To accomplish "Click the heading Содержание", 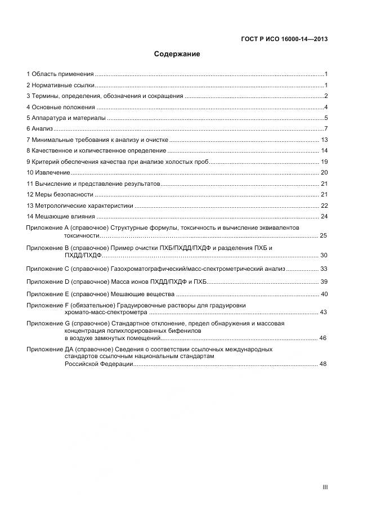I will (177, 55).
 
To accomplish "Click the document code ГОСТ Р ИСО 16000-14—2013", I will (284, 39).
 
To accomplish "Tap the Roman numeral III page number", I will (325, 487).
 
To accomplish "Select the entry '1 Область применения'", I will (60, 74).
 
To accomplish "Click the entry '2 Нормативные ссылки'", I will (60, 85).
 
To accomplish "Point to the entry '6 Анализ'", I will (39, 129).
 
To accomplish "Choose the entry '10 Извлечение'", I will (48, 172).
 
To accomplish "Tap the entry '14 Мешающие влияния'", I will (61, 216).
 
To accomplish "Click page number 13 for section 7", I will (324, 140).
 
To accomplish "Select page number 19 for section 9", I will (324, 162).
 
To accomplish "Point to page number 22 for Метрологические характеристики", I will (324, 206).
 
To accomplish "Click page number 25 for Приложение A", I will (324, 235).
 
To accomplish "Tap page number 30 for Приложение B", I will (324, 255).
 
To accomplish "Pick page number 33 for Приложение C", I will (324, 269).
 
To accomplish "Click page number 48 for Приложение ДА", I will (323, 364).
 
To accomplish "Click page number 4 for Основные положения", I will (326, 107).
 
